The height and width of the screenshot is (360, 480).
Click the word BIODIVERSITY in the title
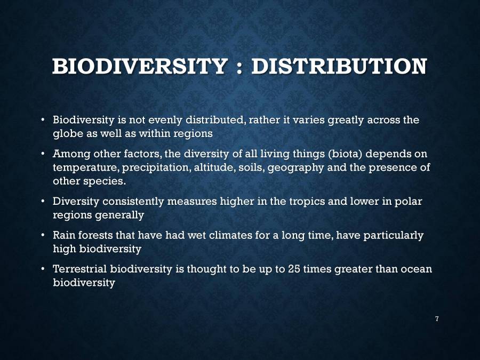click(x=140, y=67)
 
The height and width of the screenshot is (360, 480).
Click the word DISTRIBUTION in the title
click(x=339, y=67)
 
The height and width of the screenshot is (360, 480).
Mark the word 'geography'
click(x=294, y=168)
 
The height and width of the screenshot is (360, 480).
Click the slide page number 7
click(x=437, y=319)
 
